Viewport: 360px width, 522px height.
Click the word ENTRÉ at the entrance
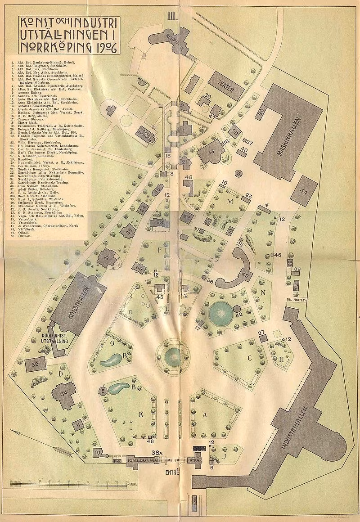coord(172,473)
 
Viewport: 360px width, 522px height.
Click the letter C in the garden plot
coord(249,359)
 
